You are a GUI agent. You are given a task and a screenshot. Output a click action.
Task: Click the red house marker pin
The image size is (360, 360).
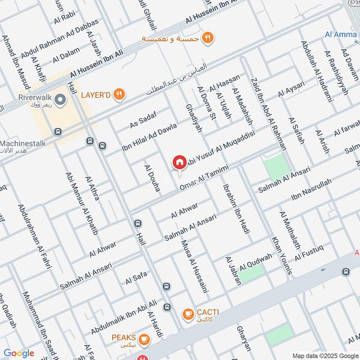pos(179,162)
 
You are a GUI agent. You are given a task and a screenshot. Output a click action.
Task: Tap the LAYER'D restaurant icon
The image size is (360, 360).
pos(119,94)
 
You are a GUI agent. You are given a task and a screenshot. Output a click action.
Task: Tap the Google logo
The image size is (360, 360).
pos(19,353)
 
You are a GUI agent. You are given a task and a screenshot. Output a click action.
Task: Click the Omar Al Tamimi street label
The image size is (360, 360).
pos(204,178)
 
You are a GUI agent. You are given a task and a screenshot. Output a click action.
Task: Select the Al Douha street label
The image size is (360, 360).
pos(152,178)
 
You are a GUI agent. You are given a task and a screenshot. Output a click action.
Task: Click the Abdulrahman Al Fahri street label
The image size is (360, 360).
pos(35,236)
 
